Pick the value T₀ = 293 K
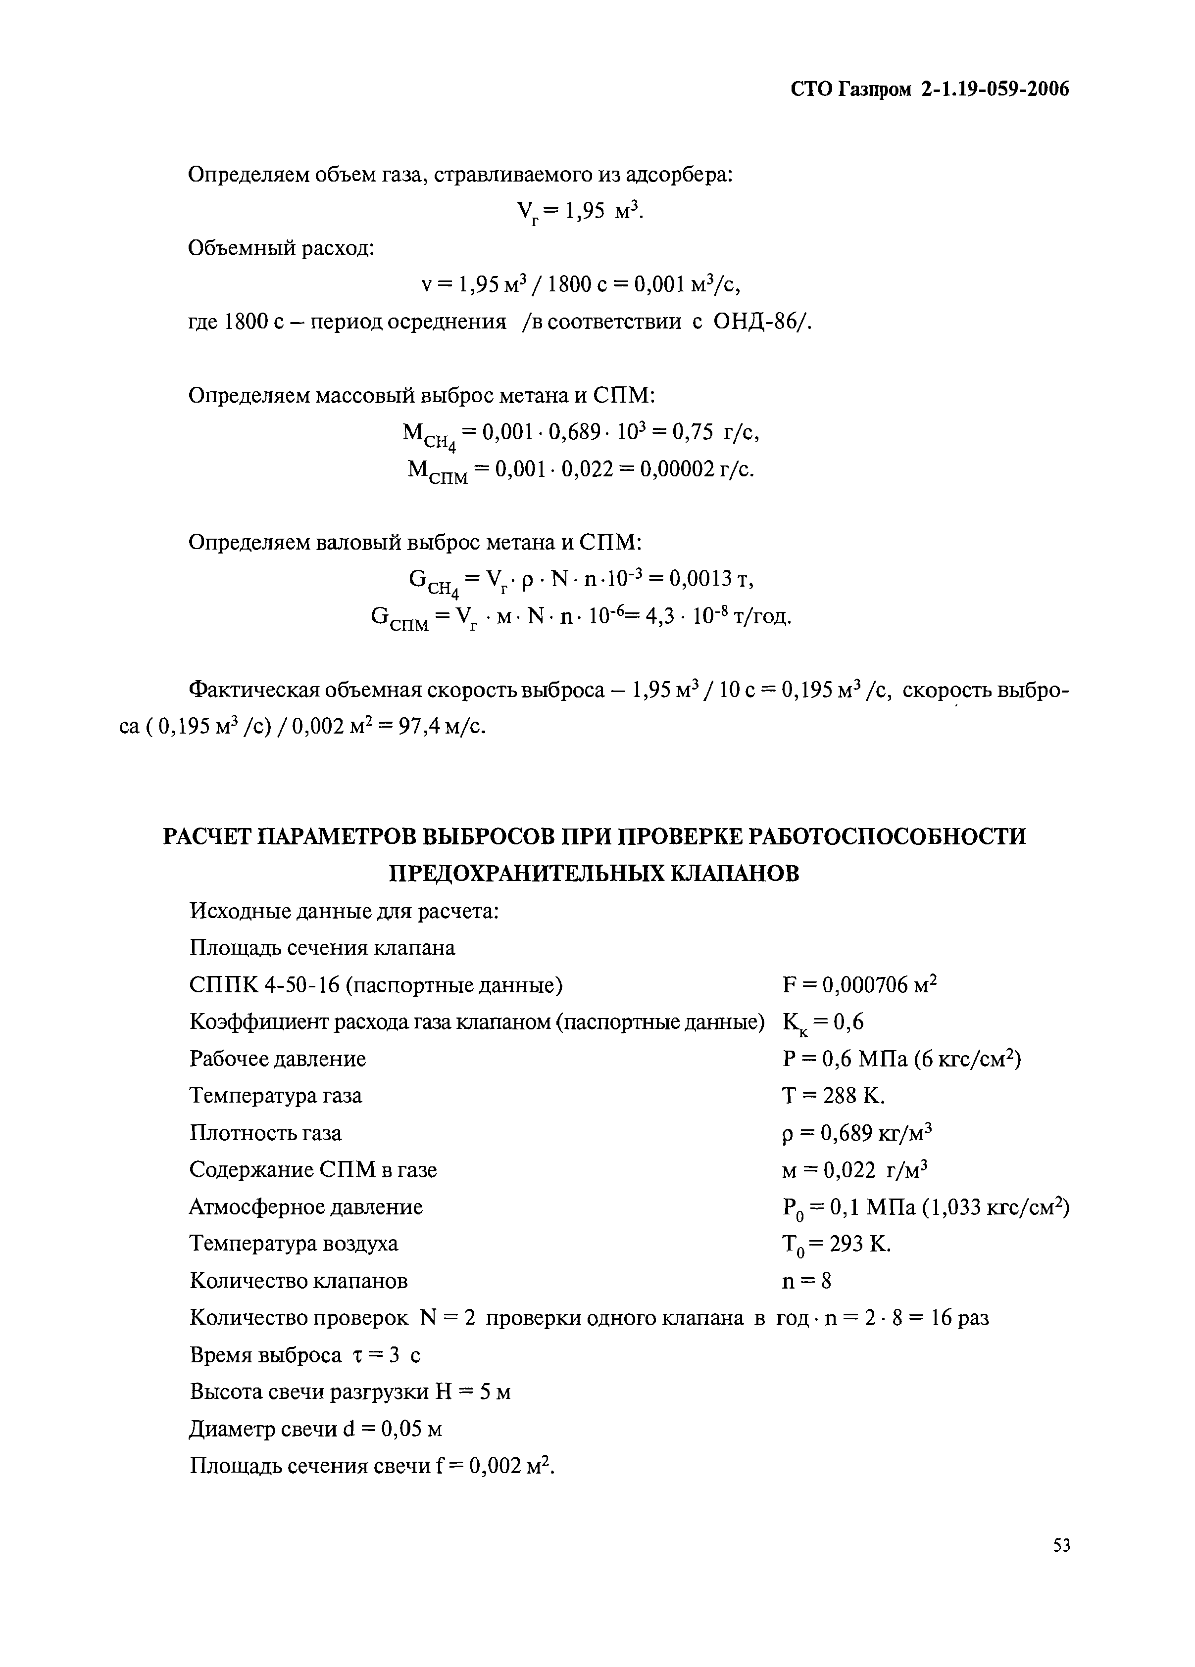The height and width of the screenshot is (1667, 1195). coord(836,1244)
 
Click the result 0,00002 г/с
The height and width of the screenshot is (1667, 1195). coord(697,469)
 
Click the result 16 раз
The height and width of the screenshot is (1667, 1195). coord(960,1318)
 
